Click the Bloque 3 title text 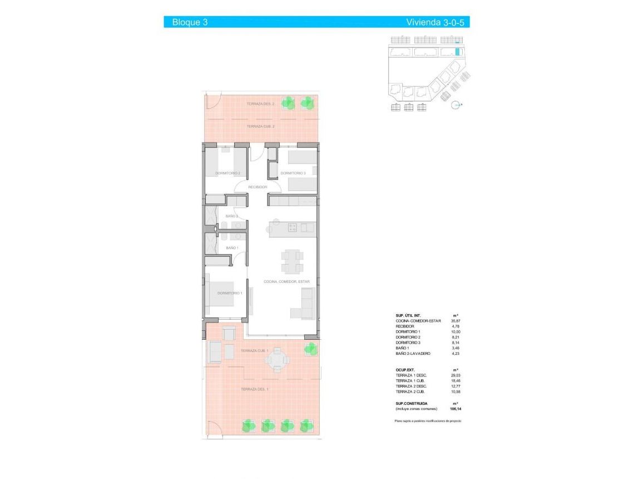(x=190, y=22)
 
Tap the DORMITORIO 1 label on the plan (x=229, y=293)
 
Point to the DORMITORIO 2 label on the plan (x=227, y=173)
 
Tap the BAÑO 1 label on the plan (x=232, y=248)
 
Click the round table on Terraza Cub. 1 (x=277, y=359)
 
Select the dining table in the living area (x=292, y=261)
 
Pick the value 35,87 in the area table (x=455, y=321)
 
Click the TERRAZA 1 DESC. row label (x=411, y=375)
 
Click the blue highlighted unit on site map (x=458, y=52)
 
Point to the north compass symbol (x=457, y=104)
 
